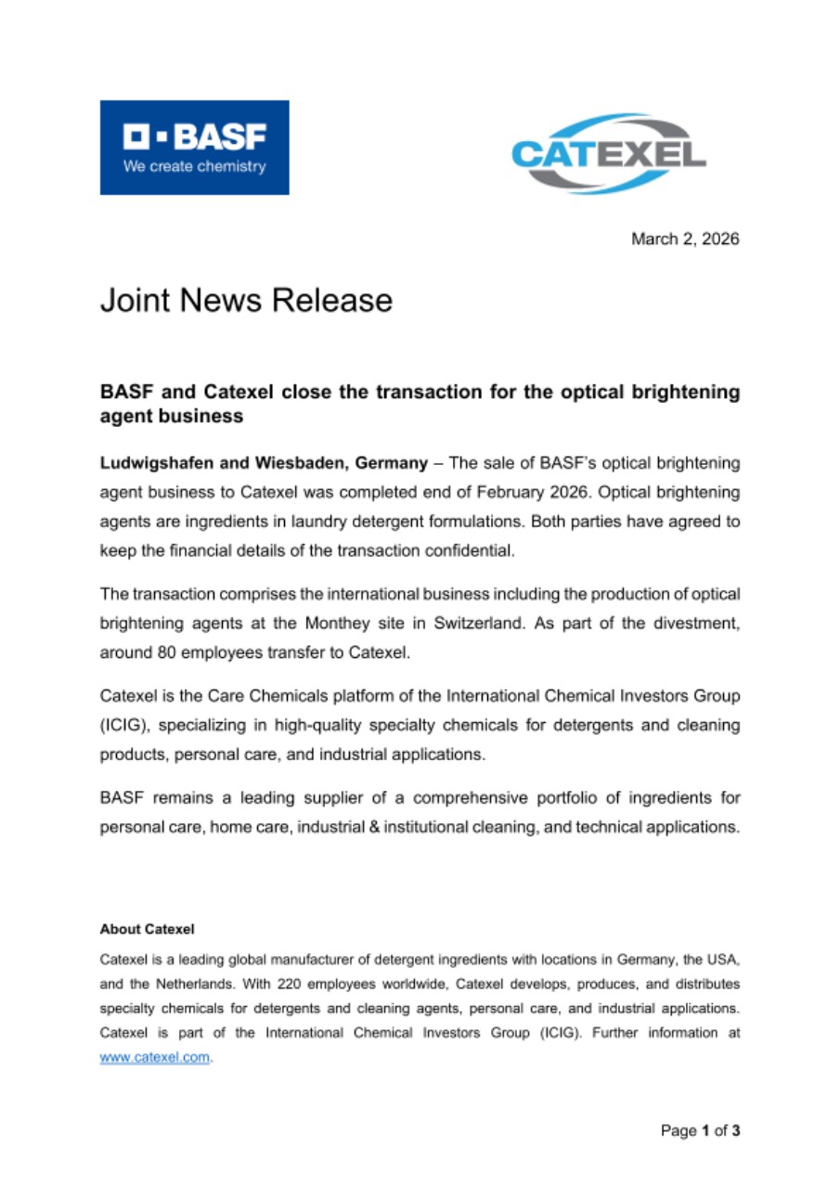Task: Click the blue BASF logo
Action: point(194,147)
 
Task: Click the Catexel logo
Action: point(608,153)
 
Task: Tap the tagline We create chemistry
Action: point(194,167)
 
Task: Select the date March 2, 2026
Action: point(685,239)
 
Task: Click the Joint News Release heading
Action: point(246,301)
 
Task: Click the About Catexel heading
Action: point(147,929)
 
